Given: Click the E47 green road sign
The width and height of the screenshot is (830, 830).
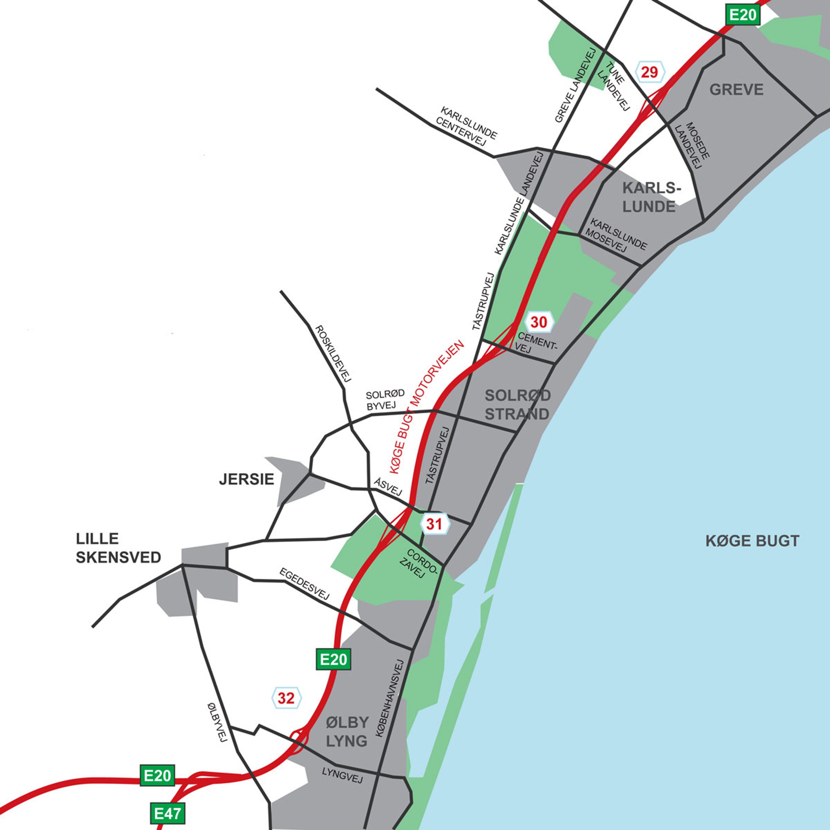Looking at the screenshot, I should point(168,814).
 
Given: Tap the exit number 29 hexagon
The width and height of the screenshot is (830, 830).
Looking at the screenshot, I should point(650,72).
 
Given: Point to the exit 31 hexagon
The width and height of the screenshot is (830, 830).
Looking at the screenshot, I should point(434,524).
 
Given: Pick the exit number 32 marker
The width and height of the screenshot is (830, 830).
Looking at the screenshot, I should point(286,698).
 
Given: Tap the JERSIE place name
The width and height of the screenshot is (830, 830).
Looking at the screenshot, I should point(246,479).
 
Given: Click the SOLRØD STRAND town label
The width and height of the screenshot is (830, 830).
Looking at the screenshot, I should point(517,404).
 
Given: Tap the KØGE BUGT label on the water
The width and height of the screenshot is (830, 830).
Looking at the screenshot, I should point(752,540).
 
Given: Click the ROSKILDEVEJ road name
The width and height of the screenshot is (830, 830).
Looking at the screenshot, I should point(333,353).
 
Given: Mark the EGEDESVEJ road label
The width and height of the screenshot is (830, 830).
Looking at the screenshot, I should point(304,584).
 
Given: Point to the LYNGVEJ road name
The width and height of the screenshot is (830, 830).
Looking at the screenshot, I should point(342,775).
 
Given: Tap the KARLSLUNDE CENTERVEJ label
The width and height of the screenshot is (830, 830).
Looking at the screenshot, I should point(466,127).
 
